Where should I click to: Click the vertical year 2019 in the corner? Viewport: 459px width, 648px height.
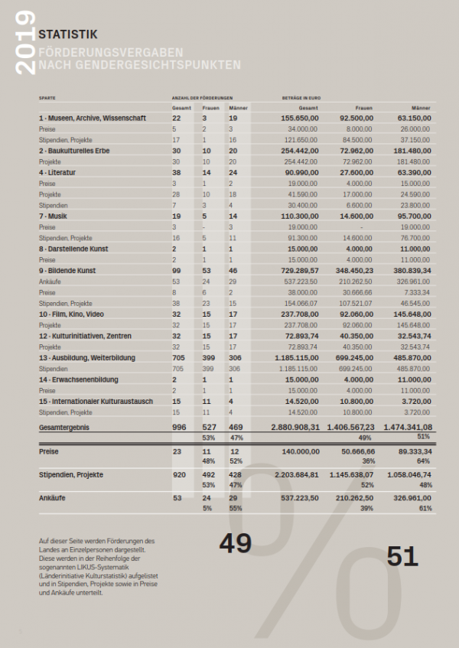click(x=24, y=43)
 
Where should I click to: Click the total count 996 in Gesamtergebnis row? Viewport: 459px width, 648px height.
click(x=179, y=427)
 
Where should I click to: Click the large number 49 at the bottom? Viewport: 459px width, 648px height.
click(x=235, y=542)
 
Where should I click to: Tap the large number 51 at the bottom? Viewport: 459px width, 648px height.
click(x=402, y=556)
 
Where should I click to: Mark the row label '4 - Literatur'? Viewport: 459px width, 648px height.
click(x=59, y=173)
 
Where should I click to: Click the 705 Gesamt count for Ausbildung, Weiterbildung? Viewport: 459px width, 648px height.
click(x=178, y=357)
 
